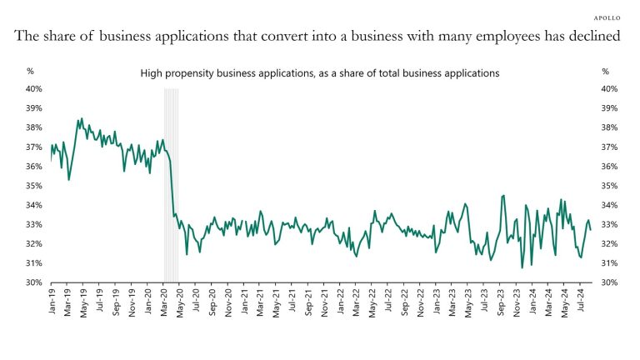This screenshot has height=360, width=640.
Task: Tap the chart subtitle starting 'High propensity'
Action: (319, 73)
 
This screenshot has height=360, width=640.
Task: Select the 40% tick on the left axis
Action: (34, 89)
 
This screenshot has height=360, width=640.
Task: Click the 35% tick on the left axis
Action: (34, 186)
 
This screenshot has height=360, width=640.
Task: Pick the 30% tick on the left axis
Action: (34, 282)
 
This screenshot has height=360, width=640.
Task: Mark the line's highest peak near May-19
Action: (82, 119)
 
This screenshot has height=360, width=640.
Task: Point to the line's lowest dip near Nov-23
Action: (522, 267)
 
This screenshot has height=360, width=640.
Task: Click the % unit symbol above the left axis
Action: (30, 72)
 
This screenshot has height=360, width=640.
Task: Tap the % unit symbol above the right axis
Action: (605, 72)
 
